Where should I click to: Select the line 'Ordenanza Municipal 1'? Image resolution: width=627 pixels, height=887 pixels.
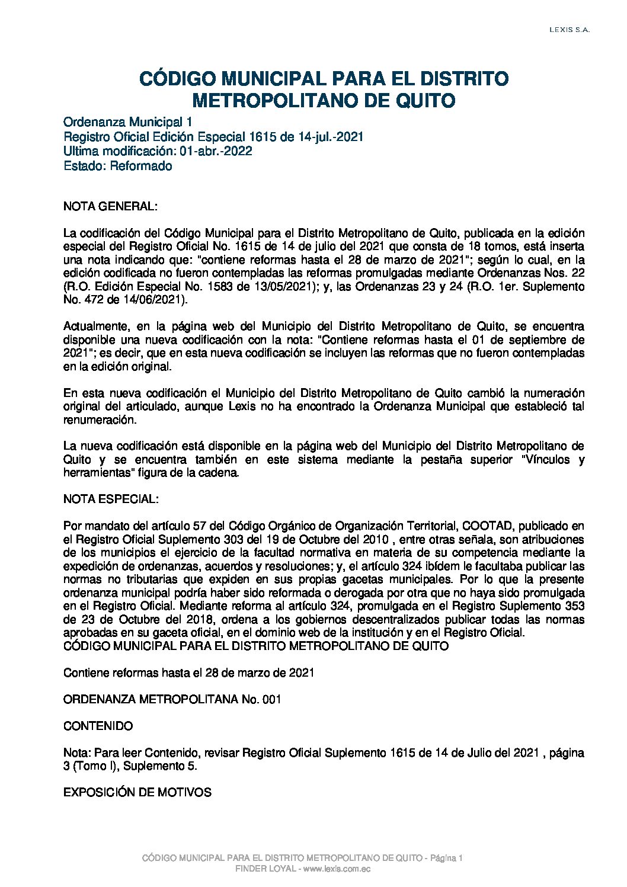click(127, 123)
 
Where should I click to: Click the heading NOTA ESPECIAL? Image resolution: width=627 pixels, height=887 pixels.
click(111, 499)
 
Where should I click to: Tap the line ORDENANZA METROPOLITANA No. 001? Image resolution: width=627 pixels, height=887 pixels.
click(172, 700)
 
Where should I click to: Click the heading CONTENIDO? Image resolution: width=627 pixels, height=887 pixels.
click(98, 726)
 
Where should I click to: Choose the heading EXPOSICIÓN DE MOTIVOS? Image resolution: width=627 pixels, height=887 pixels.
click(137, 793)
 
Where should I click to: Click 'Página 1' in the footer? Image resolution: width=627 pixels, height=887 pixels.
click(446, 858)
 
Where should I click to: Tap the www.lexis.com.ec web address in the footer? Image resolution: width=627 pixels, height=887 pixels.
click(337, 869)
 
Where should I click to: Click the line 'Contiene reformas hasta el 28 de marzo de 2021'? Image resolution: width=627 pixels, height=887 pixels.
click(188, 673)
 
